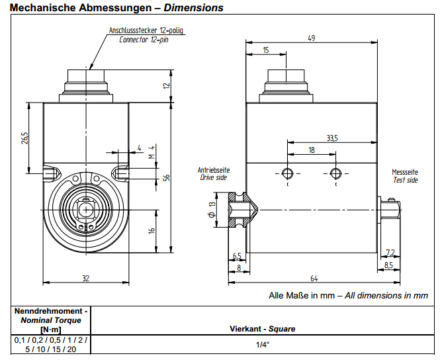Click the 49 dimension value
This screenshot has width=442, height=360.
[x=310, y=38]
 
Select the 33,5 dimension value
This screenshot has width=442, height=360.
[x=332, y=138]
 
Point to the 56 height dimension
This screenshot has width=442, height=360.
[x=167, y=178]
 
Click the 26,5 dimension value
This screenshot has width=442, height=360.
[x=25, y=139]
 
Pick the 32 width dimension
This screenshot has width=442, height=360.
[x=85, y=278]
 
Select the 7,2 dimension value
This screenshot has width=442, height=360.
[x=390, y=252]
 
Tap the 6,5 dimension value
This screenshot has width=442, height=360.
[x=237, y=256]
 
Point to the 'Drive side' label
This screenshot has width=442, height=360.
[x=213, y=177]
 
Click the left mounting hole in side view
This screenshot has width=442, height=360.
[x=287, y=174]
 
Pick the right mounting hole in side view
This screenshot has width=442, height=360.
[x=335, y=174]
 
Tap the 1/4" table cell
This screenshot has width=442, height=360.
[x=262, y=345]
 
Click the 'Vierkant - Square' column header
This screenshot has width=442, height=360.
[x=262, y=328]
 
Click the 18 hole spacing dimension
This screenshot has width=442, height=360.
[x=312, y=151]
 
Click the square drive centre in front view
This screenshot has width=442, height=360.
[x=86, y=209]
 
